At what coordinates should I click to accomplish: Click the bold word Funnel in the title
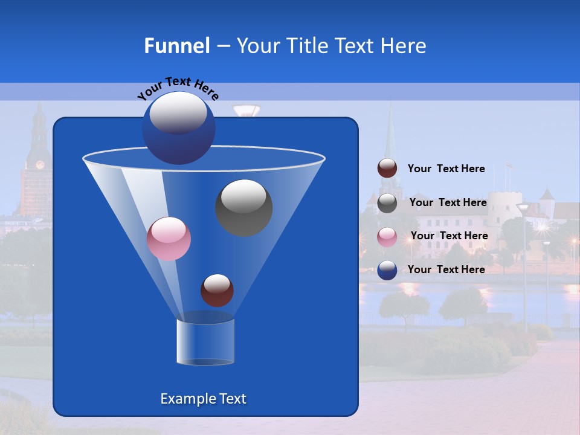(176, 46)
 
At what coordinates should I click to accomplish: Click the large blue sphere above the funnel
(178, 128)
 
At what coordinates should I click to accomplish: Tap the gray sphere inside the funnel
(243, 207)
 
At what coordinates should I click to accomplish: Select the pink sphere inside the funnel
(169, 239)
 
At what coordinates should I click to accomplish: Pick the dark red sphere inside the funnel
(217, 290)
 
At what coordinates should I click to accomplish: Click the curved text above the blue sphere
(178, 88)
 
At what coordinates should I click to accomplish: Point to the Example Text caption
(203, 399)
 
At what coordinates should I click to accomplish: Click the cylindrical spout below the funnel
(205, 342)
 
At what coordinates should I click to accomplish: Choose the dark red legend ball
(387, 168)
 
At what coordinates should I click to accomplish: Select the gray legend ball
(387, 203)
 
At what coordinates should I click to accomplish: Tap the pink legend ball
(387, 237)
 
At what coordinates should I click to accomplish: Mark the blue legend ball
(387, 270)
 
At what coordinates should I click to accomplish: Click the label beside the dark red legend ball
(446, 169)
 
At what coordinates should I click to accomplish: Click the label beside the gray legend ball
(448, 202)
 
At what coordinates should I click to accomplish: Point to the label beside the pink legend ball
(449, 236)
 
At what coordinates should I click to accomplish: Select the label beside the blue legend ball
(446, 269)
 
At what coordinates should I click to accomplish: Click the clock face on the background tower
(40, 164)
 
